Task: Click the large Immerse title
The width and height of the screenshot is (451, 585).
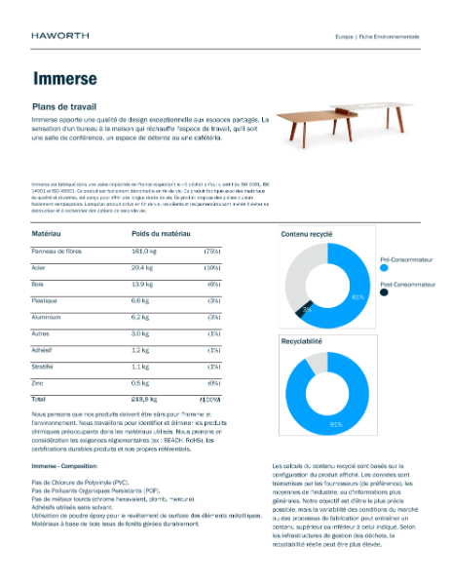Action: pyautogui.click(x=64, y=78)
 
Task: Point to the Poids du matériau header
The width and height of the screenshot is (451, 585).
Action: pyautogui.click(x=161, y=235)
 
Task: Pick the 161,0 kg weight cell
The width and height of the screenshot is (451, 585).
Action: pyautogui.click(x=145, y=252)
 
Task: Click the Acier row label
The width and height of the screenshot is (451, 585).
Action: pyautogui.click(x=40, y=266)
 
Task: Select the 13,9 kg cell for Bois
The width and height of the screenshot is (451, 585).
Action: pyautogui.click(x=143, y=283)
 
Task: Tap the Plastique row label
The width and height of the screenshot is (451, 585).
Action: pyautogui.click(x=47, y=299)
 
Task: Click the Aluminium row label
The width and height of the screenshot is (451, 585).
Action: pyautogui.click(x=48, y=316)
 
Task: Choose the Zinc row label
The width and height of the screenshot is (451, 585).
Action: pyautogui.click(x=39, y=382)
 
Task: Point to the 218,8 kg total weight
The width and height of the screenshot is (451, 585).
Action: pyautogui.click(x=145, y=399)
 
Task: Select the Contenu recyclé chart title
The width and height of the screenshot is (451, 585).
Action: pyautogui.click(x=307, y=235)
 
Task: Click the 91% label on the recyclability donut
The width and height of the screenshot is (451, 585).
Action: pyautogui.click(x=336, y=424)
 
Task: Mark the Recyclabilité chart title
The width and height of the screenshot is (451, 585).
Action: pyautogui.click(x=305, y=344)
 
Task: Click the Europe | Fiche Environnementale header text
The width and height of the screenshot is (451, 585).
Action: pyautogui.click(x=377, y=36)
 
